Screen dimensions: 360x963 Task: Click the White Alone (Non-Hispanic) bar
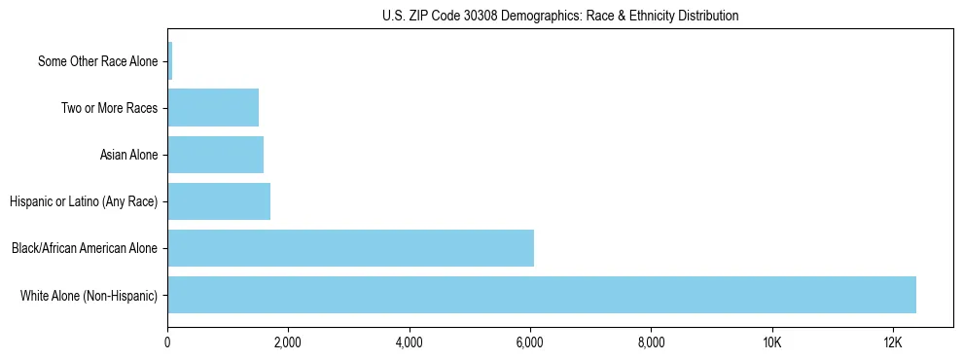542,295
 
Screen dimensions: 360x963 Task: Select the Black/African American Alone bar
350,248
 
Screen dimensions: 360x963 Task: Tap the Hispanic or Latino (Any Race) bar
219,201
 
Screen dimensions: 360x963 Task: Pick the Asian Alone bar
215,155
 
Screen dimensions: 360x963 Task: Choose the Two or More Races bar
213,108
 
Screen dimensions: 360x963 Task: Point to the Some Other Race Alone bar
170,61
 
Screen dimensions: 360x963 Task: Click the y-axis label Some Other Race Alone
97,62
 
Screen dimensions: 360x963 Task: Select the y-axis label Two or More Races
109,109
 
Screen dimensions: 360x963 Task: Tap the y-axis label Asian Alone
128,156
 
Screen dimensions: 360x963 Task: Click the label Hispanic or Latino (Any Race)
84,202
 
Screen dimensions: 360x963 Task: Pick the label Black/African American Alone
85,249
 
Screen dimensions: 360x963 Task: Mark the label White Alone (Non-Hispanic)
89,296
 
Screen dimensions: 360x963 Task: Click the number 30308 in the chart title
490,16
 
